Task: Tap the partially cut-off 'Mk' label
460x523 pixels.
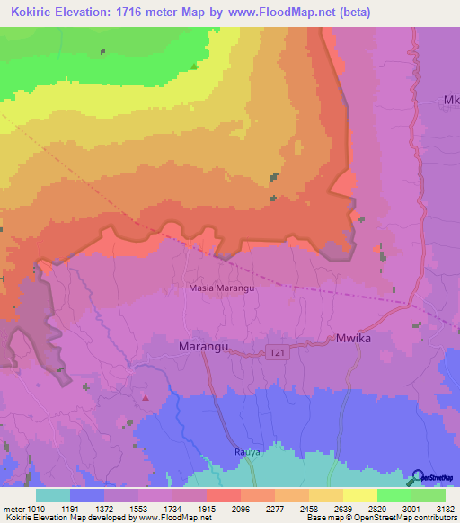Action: [452, 100]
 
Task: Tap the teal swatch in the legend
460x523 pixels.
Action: [53, 495]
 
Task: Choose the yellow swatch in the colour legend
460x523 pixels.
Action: [360, 495]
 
